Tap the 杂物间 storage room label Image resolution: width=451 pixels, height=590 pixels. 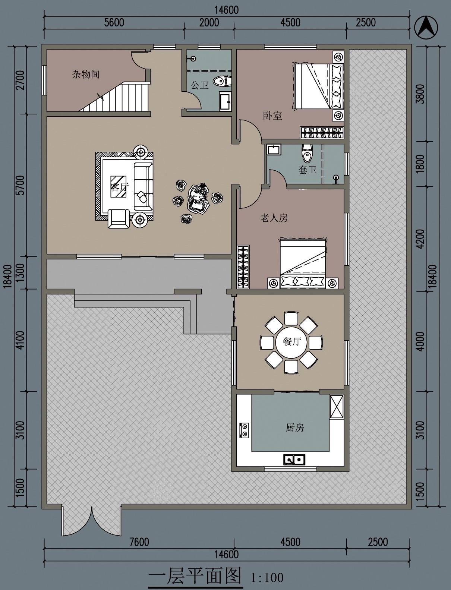(85, 74)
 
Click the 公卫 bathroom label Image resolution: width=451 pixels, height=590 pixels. (200, 85)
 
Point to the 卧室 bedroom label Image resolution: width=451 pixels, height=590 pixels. (272, 116)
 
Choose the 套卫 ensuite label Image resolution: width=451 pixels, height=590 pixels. (307, 170)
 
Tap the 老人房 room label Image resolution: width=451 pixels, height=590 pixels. (274, 217)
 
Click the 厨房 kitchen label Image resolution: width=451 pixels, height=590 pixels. (295, 427)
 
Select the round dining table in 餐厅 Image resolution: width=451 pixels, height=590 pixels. (291, 342)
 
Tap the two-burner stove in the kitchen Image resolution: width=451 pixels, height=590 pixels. (244, 430)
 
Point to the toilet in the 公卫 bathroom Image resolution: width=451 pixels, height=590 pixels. (222, 81)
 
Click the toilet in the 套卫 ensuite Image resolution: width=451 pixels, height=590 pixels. (307, 152)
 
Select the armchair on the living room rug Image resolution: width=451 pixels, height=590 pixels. (119, 218)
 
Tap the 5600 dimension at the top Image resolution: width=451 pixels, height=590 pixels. (114, 23)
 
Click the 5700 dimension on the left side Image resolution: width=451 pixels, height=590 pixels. (20, 185)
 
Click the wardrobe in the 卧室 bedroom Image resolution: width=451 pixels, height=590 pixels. (322, 133)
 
